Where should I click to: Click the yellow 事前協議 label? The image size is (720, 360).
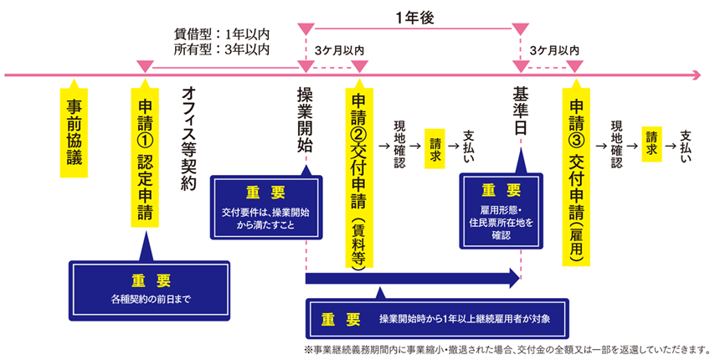(x=74, y=134)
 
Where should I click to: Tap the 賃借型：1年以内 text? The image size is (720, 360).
(x=221, y=35)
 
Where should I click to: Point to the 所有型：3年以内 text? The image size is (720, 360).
(x=221, y=49)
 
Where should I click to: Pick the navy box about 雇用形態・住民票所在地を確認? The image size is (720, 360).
(x=501, y=213)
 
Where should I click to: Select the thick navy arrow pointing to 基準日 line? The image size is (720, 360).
(x=410, y=277)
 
